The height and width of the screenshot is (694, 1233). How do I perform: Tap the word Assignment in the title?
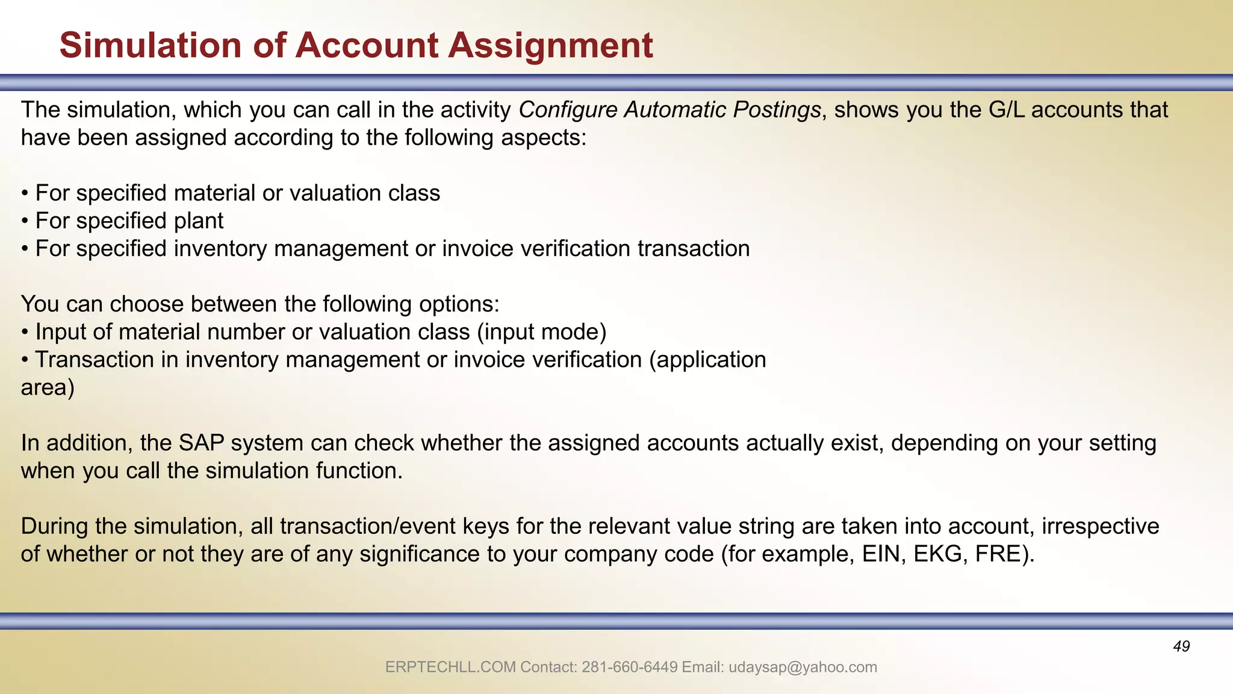[550, 46]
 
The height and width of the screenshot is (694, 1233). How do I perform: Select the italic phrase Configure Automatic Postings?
[669, 110]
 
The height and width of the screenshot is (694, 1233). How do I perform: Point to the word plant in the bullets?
[199, 221]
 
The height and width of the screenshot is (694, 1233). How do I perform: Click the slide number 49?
[1181, 646]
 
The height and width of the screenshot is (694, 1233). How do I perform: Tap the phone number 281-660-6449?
[630, 667]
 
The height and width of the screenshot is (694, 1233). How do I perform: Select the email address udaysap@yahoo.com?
[803, 667]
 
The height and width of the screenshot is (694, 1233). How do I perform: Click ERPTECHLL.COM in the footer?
[450, 667]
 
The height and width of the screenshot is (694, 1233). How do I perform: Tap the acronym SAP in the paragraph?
[202, 443]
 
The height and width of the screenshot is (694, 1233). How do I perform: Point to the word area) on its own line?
[48, 387]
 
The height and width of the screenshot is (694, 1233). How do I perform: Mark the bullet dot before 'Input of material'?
[25, 333]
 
